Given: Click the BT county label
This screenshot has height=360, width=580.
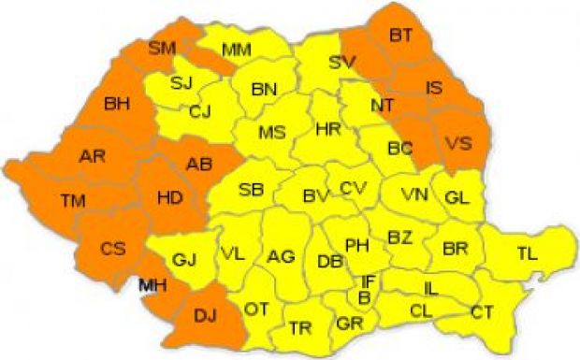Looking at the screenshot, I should (400, 36).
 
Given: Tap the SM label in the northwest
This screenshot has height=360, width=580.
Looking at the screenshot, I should (164, 46).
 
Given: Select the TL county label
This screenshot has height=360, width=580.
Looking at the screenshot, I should (528, 251).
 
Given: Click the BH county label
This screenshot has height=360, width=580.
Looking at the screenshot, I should (118, 102).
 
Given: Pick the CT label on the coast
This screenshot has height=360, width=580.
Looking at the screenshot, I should (483, 310).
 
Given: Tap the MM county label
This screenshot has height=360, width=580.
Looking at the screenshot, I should (236, 48).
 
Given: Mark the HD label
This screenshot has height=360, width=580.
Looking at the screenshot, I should (169, 197).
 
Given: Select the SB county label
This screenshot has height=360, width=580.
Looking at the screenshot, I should (251, 190).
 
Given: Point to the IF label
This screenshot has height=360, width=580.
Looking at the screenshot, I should (369, 281).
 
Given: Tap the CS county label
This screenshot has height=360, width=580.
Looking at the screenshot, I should (113, 249).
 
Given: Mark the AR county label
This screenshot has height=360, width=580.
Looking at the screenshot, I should (93, 155).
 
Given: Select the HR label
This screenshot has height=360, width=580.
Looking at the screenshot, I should (328, 127).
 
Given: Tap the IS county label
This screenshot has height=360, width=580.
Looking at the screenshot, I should (434, 88).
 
